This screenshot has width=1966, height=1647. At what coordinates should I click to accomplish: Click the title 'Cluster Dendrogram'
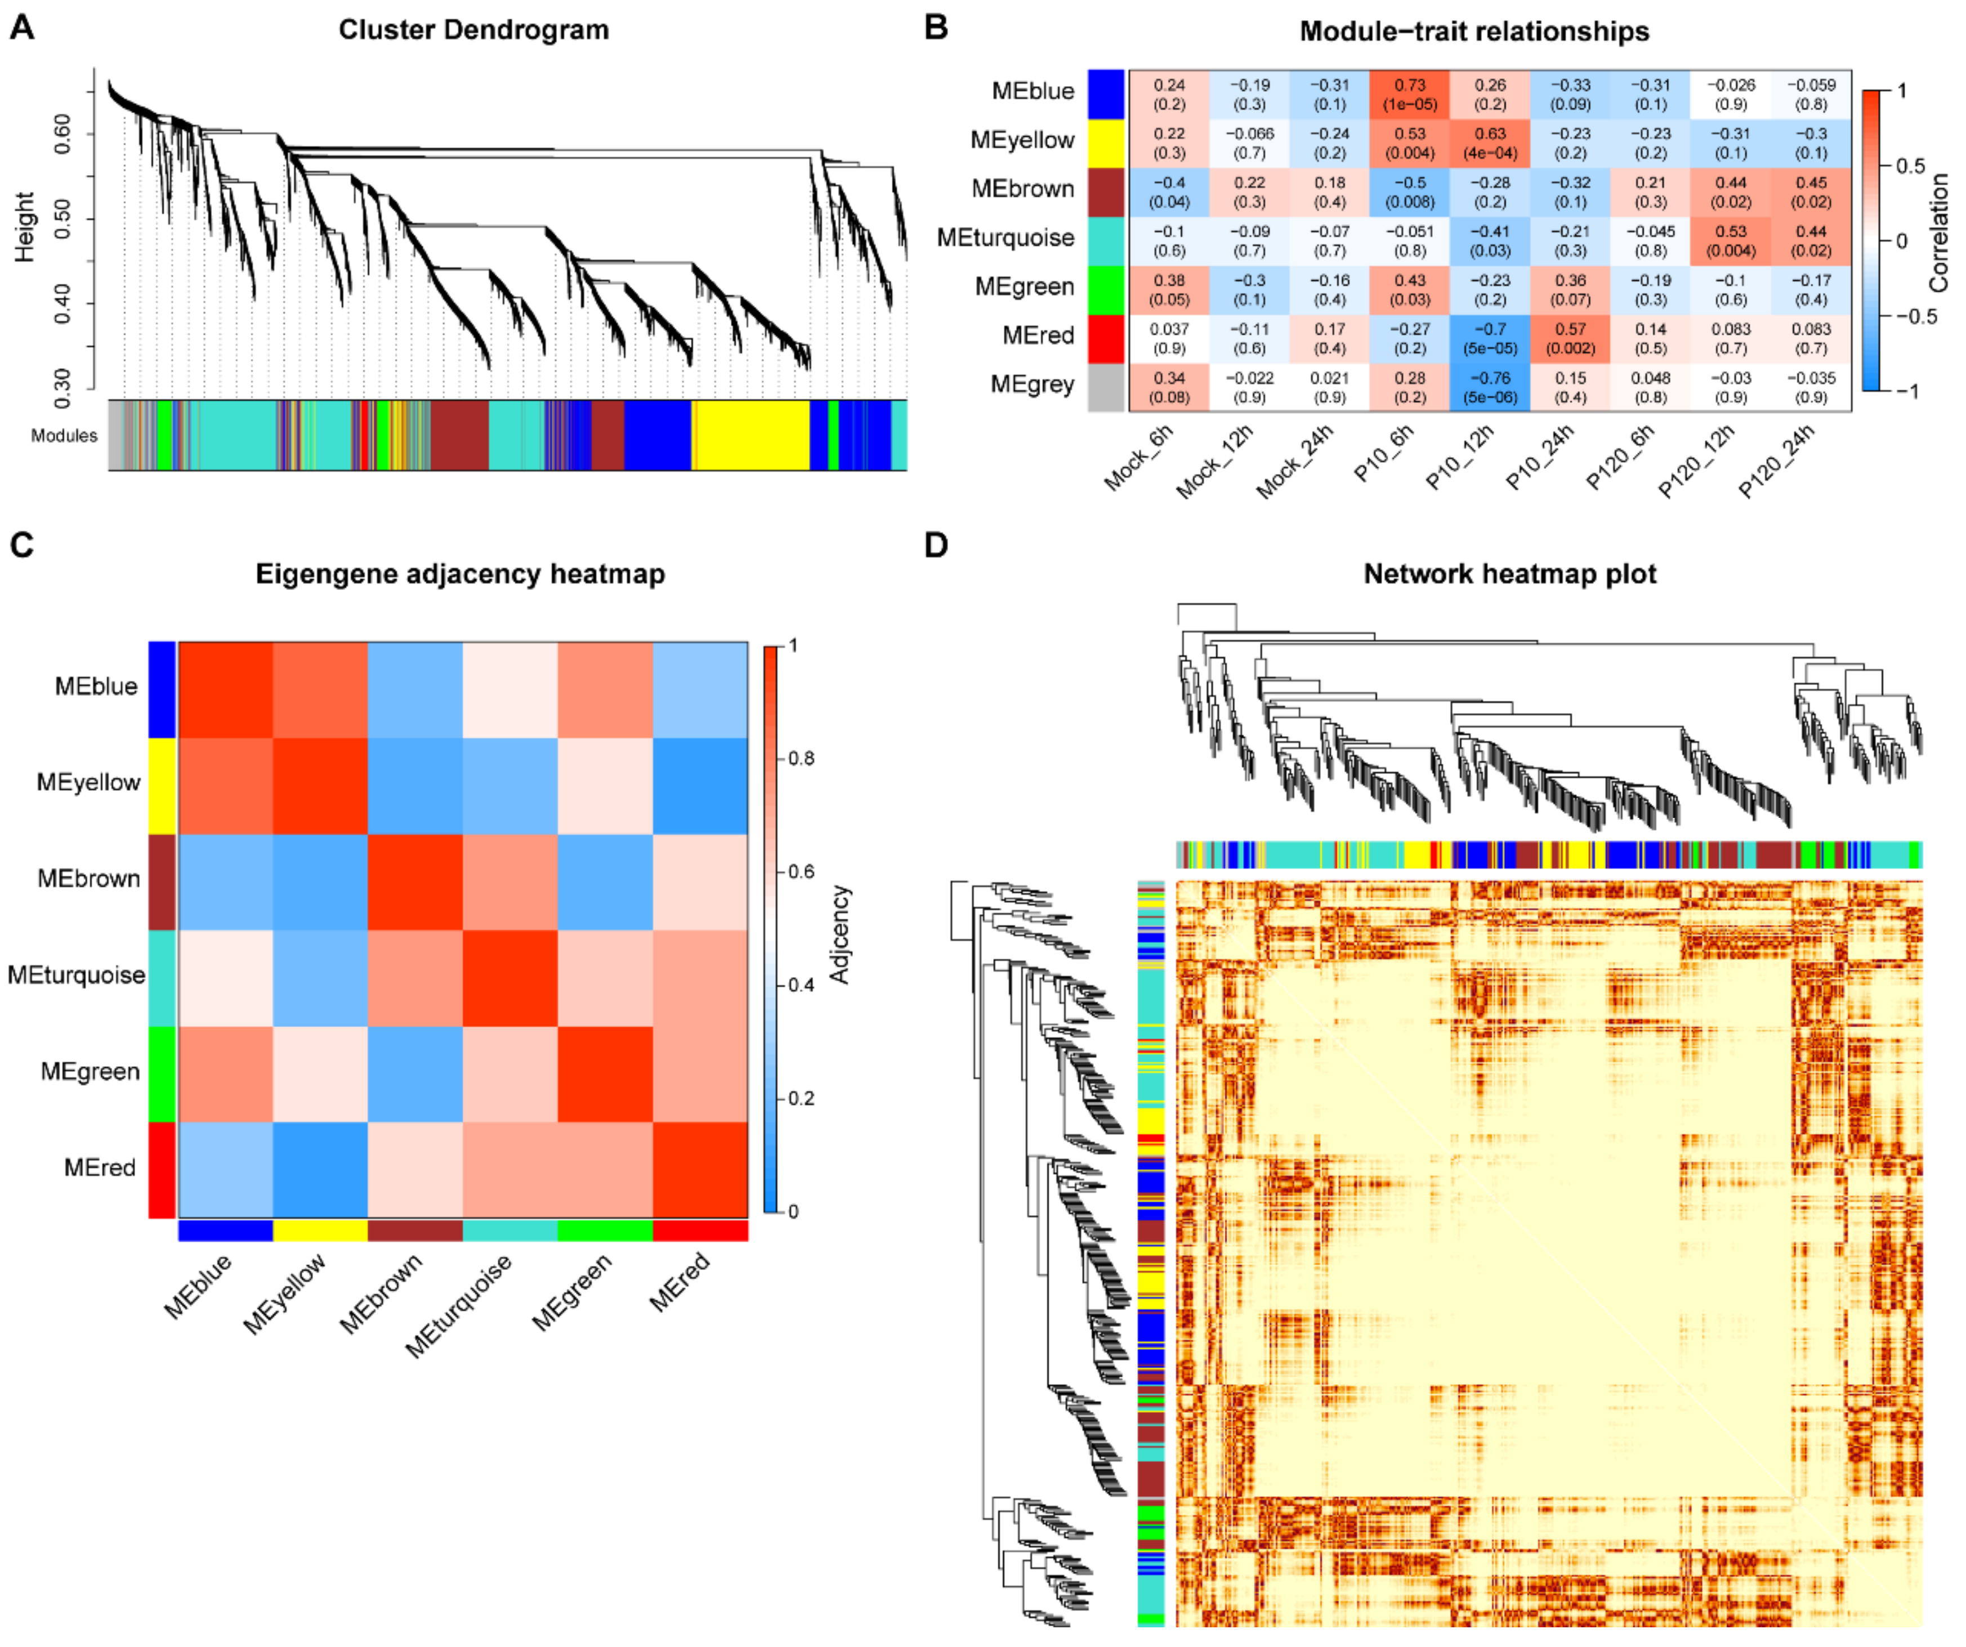(x=473, y=30)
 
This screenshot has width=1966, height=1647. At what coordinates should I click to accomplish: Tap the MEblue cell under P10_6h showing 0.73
(x=1410, y=93)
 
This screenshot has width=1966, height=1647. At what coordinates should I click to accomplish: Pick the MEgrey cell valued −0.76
(x=1490, y=387)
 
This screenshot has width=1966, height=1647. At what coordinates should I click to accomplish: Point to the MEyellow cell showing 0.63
(x=1490, y=142)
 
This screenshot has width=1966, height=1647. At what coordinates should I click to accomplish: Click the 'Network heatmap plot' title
(x=1509, y=574)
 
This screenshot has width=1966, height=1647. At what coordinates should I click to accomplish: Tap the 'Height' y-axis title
(x=24, y=226)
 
